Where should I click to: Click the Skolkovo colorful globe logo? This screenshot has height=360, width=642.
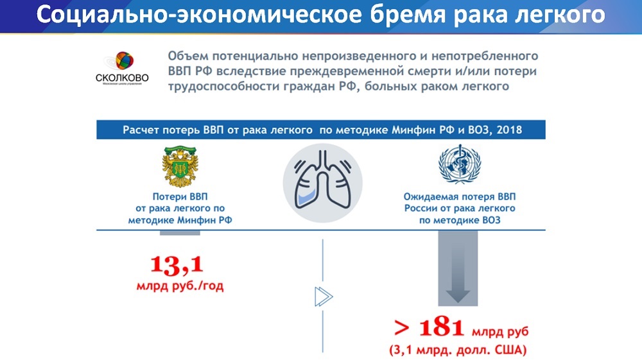pyautogui.click(x=125, y=61)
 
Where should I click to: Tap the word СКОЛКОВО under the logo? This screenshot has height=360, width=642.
pyautogui.click(x=122, y=77)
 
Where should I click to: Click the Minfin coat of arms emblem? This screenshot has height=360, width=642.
pyautogui.click(x=180, y=166)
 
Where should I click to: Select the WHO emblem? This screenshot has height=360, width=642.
pyautogui.click(x=460, y=164)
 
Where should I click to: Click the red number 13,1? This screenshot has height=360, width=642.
pyautogui.click(x=177, y=264)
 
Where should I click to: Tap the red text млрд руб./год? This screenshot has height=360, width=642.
pyautogui.click(x=180, y=286)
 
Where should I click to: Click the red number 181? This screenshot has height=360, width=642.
pyautogui.click(x=442, y=328)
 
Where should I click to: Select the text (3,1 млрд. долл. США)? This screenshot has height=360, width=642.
pyautogui.click(x=458, y=350)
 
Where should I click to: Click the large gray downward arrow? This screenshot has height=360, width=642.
pyautogui.click(x=458, y=268)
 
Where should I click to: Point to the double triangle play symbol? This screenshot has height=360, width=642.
pyautogui.click(x=324, y=296)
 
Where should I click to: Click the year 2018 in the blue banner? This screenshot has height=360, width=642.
pyautogui.click(x=509, y=130)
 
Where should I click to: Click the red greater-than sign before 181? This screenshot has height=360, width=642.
pyautogui.click(x=402, y=328)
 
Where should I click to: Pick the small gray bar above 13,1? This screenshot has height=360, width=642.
pyautogui.click(x=180, y=233)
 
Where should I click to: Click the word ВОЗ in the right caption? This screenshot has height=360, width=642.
pyautogui.click(x=490, y=220)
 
